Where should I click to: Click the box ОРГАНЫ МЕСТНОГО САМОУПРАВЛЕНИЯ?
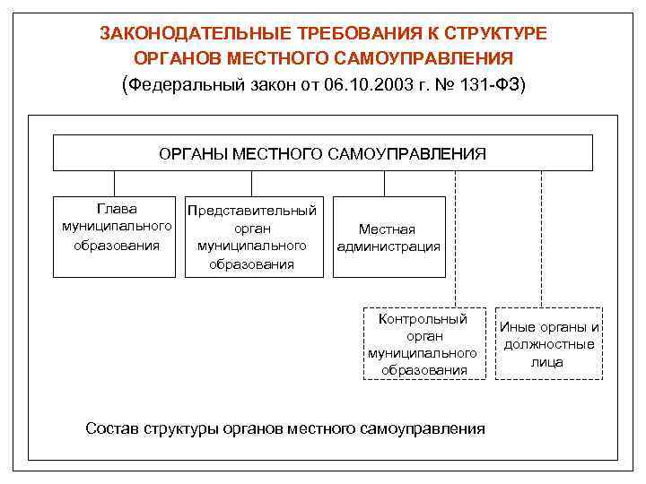coord(322,152)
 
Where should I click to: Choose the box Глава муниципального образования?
coord(116,236)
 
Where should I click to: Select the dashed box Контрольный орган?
coord(423,343)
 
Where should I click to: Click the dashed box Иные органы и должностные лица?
coord(547,344)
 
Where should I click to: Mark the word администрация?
coord(388,246)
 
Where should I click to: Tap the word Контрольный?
coord(423,318)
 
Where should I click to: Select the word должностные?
coord(547,344)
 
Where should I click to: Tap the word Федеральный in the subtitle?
coord(174,85)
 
